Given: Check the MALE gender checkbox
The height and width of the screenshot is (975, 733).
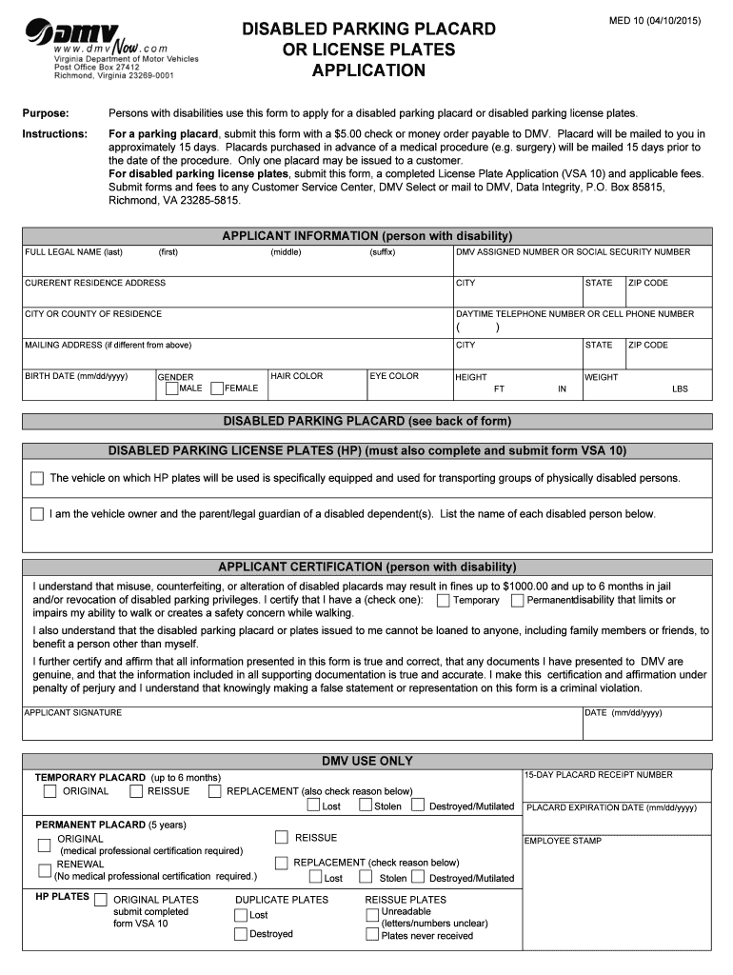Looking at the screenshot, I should pos(171,388).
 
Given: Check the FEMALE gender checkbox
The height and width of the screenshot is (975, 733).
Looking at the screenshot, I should pos(217,388).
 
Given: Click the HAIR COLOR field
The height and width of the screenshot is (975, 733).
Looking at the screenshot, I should pos(317,386).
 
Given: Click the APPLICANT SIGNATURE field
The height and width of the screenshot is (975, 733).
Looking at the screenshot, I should pos(302,727).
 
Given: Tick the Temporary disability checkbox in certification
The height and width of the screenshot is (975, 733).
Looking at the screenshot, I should pos(444,601).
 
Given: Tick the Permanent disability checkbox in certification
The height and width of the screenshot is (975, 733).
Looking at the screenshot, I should pos(517,601).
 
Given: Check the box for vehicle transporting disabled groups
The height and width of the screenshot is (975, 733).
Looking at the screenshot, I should pos(37,478).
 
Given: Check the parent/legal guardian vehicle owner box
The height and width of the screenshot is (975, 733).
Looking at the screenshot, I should pos(37,514).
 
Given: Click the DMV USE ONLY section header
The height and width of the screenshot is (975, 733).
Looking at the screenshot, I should pos(367,761).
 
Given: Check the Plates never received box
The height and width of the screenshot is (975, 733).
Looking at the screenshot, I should pos(372,935).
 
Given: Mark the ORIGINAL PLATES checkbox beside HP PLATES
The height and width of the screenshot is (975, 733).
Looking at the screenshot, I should pos(101,898).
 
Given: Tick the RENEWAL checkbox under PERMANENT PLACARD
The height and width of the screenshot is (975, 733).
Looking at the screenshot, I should pos(45,869).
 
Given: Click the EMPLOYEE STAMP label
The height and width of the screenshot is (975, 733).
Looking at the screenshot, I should pos(564,841).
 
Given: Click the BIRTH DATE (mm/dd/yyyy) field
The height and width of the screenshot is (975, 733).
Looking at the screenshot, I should pos(88,386).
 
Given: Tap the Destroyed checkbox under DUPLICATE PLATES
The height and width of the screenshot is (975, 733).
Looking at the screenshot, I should pos(241,934).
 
